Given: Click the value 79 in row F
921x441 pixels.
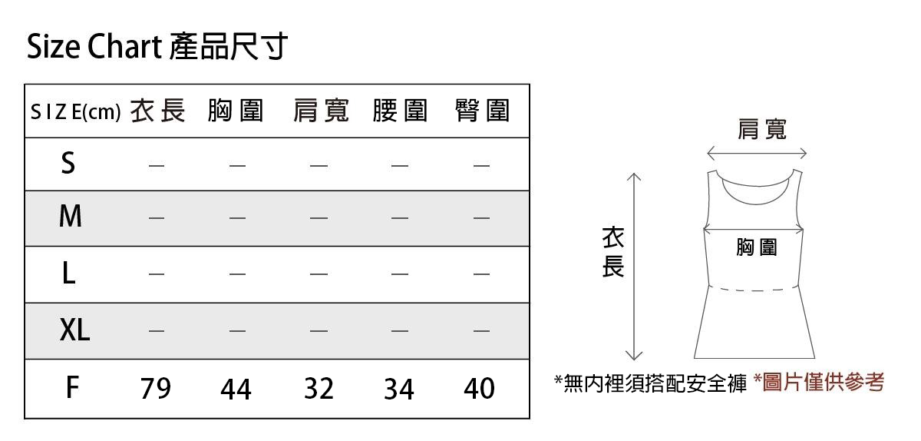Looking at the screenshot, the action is (156, 389).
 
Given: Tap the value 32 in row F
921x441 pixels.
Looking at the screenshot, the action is (319, 389).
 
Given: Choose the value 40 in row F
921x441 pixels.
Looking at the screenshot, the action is (480, 389).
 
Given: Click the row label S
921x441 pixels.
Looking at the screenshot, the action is (68, 163).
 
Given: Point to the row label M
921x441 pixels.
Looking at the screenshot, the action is (71, 217).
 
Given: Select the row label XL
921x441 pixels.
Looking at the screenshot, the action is (74, 331).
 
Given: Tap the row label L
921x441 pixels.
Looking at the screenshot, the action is (68, 274).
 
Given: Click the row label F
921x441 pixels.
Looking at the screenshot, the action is (71, 388).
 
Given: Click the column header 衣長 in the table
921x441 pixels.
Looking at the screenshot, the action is (157, 111).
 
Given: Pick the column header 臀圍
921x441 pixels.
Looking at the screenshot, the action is (482, 111).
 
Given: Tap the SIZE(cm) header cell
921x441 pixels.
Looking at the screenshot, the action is (75, 113).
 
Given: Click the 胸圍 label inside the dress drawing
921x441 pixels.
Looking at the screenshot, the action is (756, 247).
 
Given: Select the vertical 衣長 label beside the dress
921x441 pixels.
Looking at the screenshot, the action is (612, 252).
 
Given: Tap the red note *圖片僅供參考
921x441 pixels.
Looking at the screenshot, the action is (820, 382).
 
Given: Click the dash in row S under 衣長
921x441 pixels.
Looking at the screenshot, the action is (156, 164).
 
